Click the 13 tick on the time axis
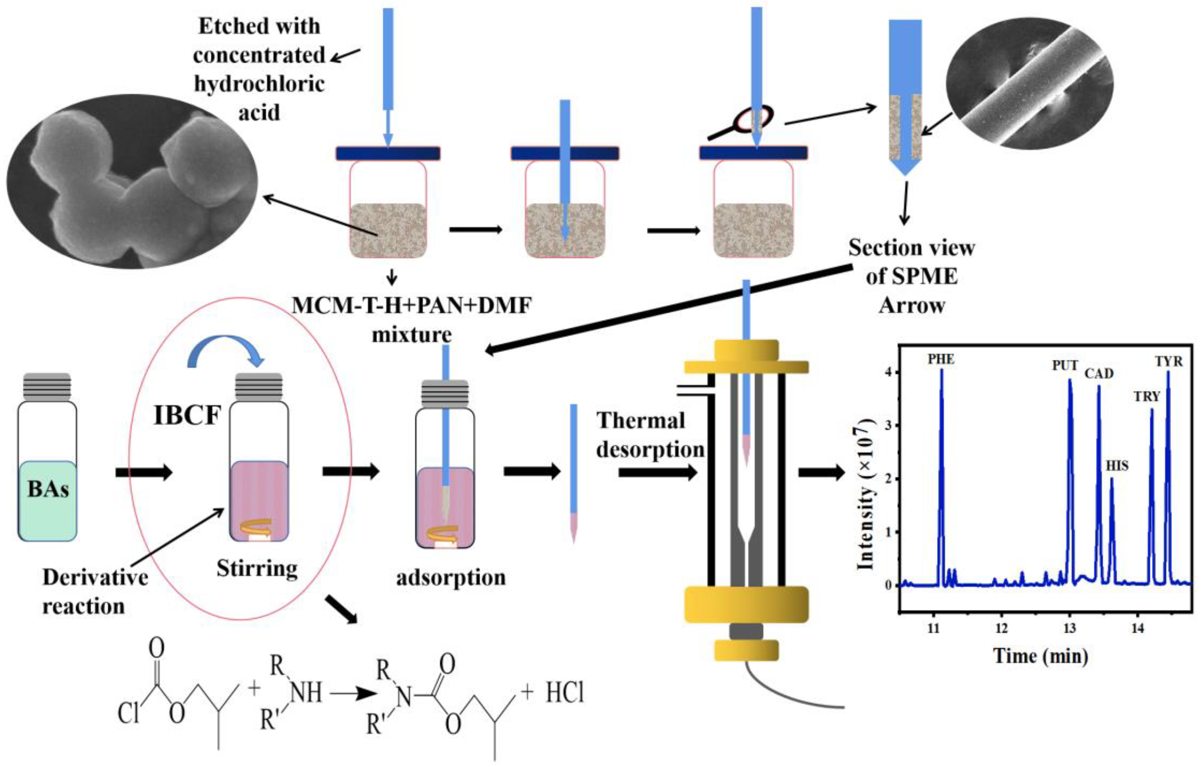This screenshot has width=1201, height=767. [1069, 628]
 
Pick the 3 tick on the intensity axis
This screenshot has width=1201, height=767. [888, 425]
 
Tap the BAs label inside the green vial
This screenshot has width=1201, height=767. [48, 489]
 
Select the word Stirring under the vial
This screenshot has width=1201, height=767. [257, 568]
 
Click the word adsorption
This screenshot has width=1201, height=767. [451, 577]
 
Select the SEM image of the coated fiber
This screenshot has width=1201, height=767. [1029, 84]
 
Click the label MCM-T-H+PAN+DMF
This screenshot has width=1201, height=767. [411, 305]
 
